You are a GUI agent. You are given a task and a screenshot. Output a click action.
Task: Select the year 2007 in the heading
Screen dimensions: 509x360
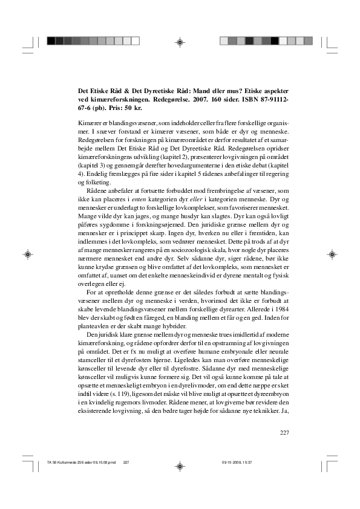point(188,97)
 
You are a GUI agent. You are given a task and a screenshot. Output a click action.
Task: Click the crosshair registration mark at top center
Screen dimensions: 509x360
point(180,41)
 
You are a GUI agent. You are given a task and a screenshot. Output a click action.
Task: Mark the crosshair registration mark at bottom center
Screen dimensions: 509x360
point(180,467)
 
